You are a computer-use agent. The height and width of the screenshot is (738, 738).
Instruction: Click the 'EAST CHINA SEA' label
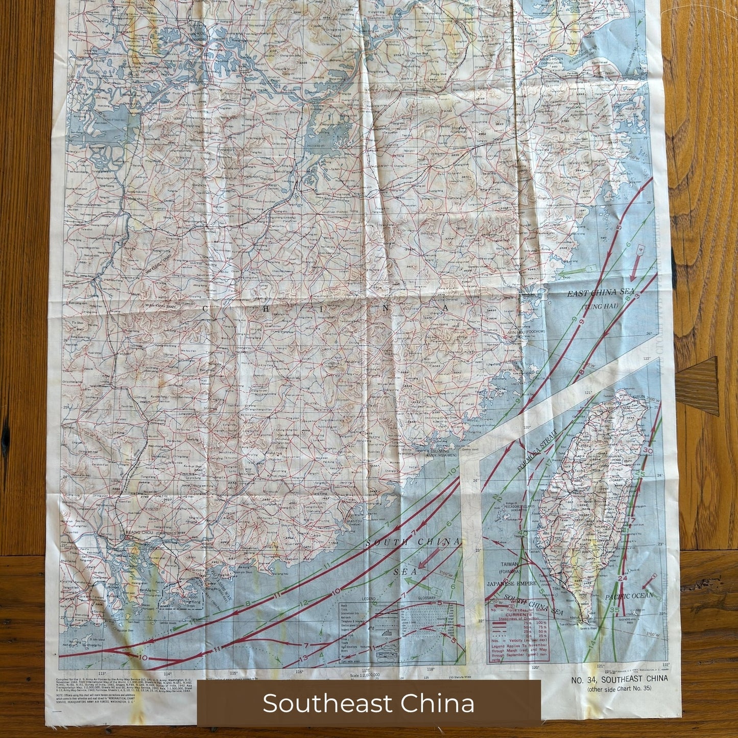(x=593, y=294)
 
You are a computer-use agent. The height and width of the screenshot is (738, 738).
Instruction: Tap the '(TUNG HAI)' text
(x=600, y=306)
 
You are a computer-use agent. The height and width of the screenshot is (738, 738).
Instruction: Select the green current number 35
(x=615, y=610)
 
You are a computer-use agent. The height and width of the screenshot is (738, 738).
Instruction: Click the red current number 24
(x=622, y=578)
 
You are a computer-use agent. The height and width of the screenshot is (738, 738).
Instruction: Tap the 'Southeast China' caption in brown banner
(x=368, y=703)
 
